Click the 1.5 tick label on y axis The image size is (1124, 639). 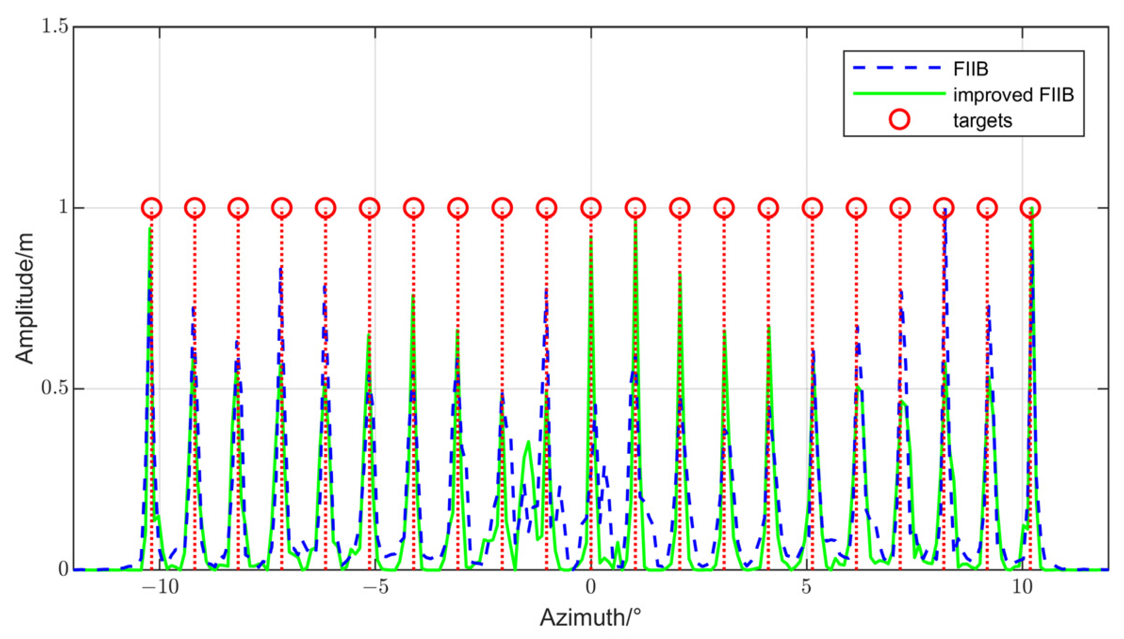point(55,26)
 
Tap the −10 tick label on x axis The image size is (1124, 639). point(160,587)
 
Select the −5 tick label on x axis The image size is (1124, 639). point(375,587)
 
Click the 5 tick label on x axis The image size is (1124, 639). point(806,587)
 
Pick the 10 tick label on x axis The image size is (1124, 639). point(1022,587)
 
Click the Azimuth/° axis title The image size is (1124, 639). point(590,617)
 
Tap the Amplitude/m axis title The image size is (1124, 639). point(24,298)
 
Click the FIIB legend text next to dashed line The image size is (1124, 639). point(970,69)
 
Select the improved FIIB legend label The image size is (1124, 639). point(1013,95)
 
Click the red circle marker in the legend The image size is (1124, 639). point(899,120)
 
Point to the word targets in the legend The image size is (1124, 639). point(982,121)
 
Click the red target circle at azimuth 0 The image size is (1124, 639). point(591,208)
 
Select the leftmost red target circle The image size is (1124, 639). point(152,208)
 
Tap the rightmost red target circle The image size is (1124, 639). point(1030,208)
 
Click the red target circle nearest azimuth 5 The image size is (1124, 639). point(812,208)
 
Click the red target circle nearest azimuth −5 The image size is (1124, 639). point(369,208)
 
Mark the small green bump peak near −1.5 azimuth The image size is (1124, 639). point(529,442)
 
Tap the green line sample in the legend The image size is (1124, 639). point(899,94)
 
